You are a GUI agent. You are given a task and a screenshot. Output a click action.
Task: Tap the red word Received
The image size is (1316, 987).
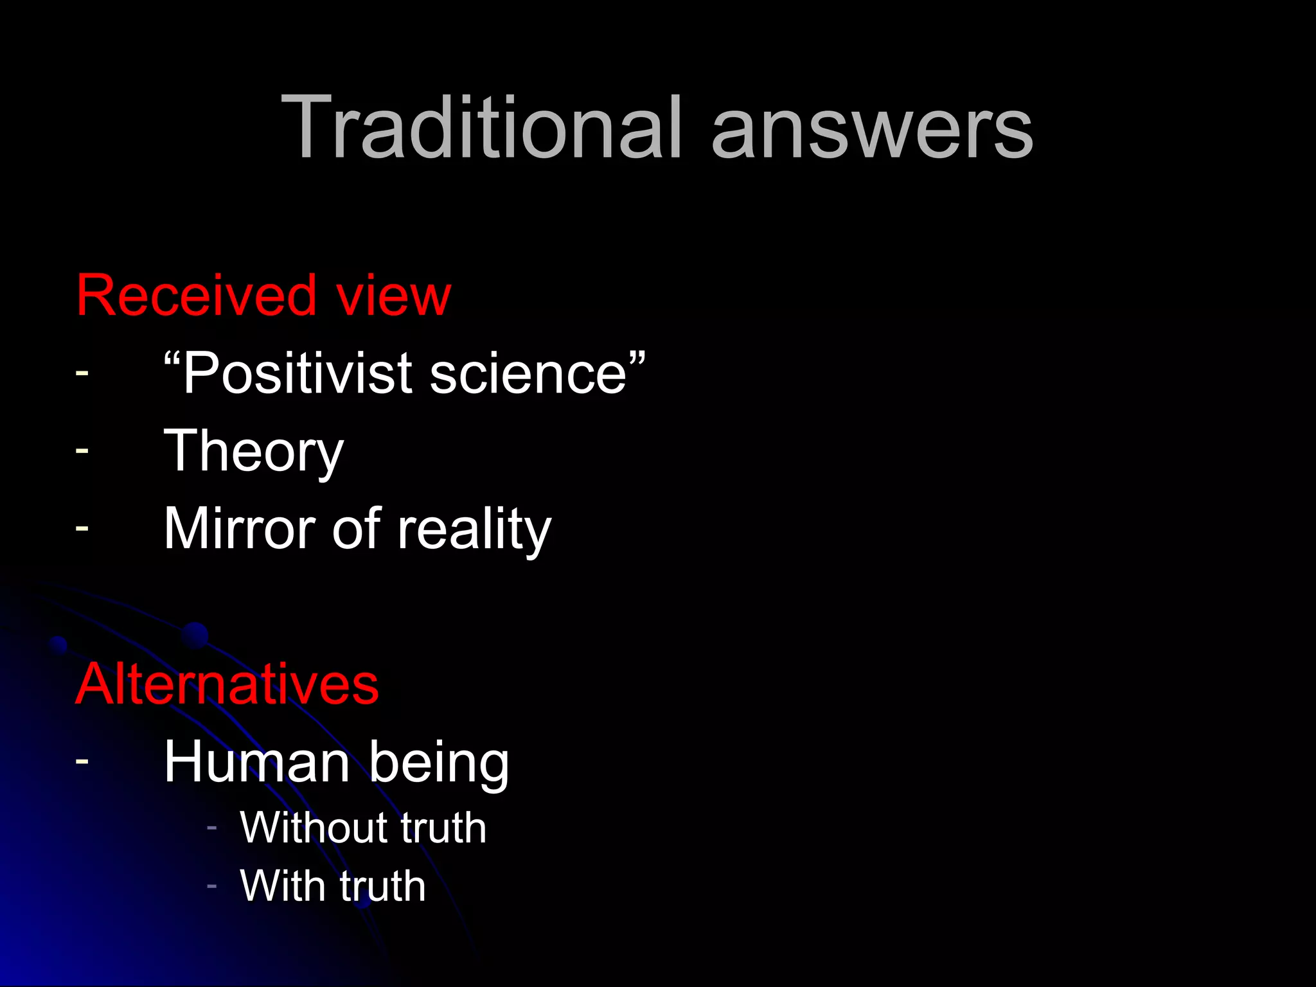click(197, 296)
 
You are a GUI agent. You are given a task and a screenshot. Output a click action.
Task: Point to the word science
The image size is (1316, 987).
click(528, 374)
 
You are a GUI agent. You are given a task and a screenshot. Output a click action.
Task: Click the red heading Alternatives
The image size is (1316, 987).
click(227, 684)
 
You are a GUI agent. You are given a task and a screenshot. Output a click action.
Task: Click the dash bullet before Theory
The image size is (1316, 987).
click(82, 450)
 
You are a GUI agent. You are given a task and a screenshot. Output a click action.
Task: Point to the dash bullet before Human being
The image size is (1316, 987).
click(82, 760)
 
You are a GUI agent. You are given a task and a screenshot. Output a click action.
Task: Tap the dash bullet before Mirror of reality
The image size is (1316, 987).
click(82, 527)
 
